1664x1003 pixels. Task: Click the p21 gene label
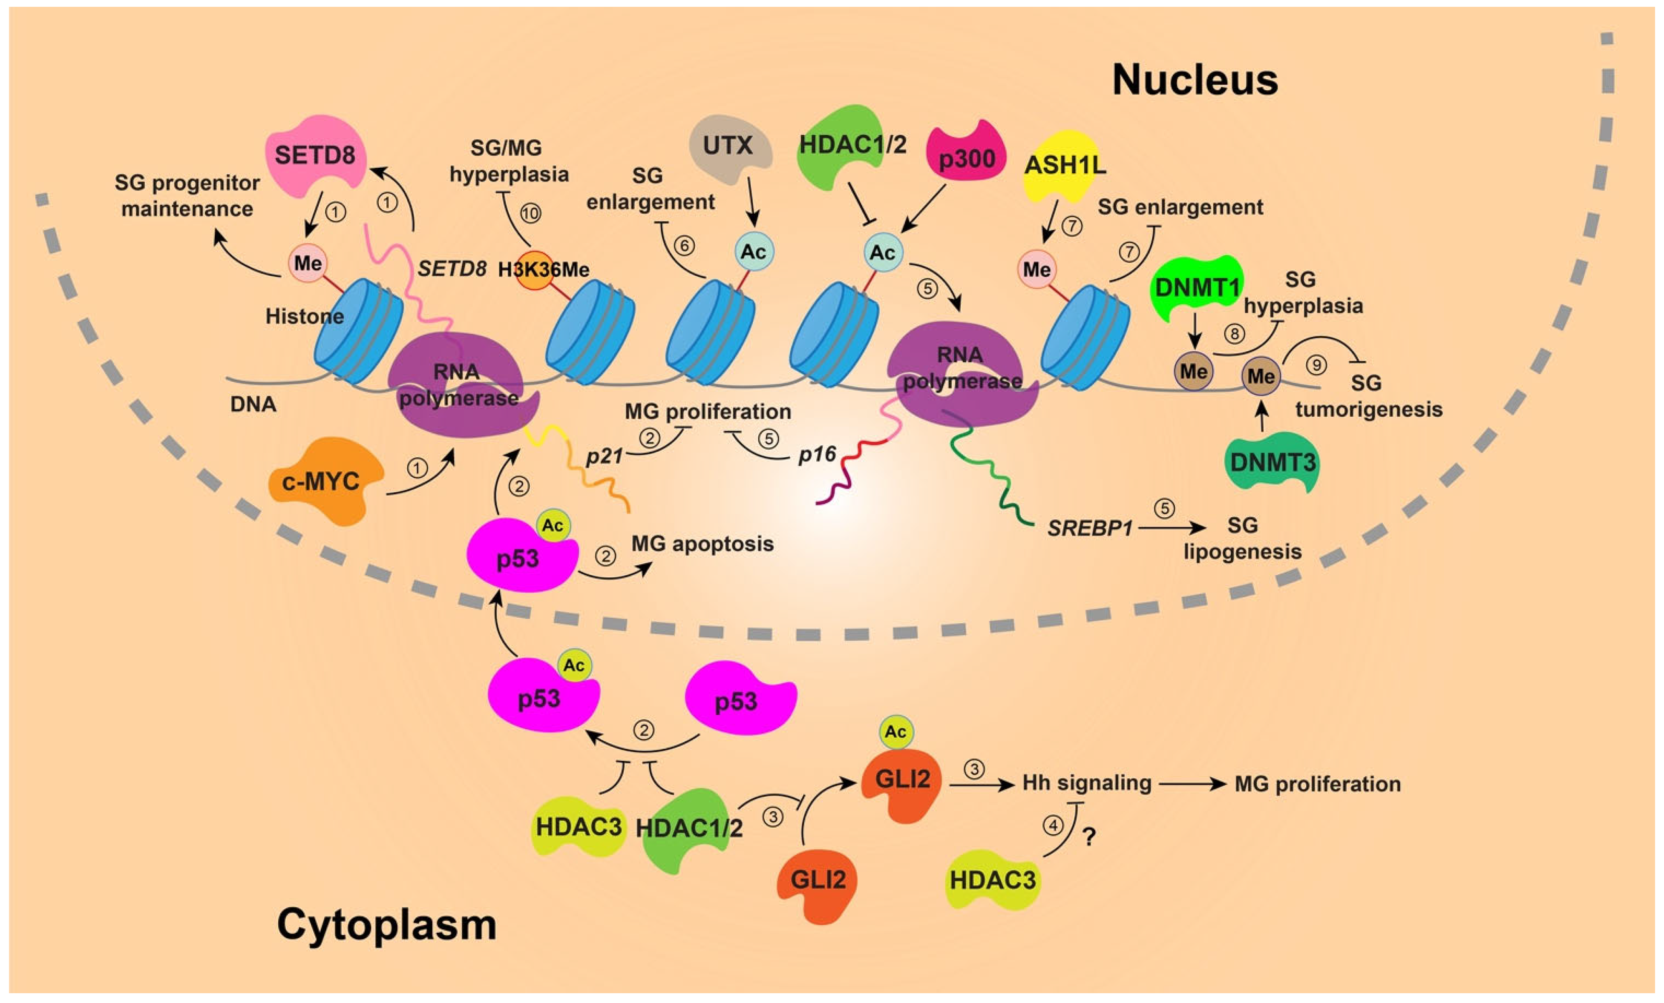604,457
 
